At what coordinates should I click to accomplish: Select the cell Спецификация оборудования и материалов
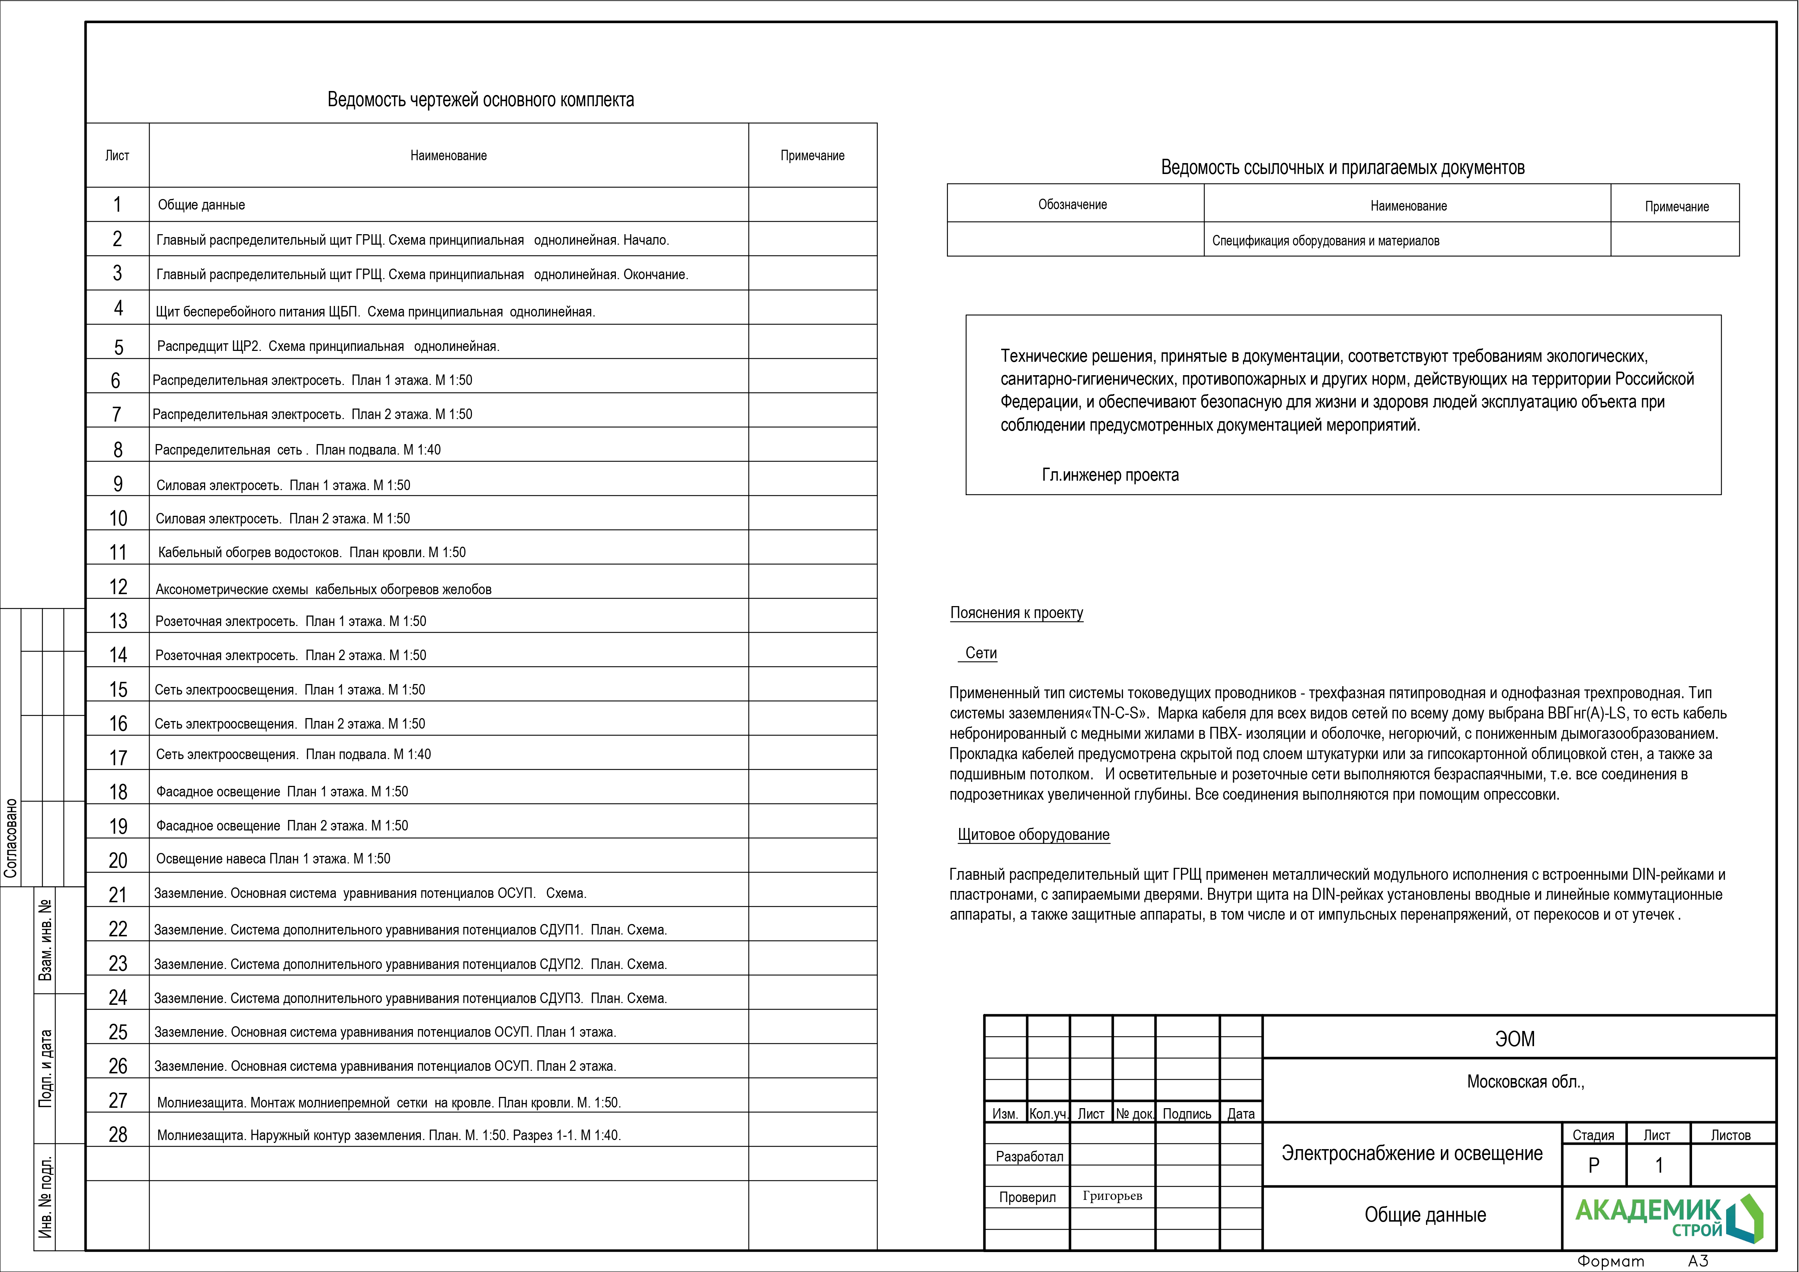click(1325, 241)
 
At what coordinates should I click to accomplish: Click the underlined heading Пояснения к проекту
click(1016, 613)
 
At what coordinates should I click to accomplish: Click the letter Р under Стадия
click(1593, 1165)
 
